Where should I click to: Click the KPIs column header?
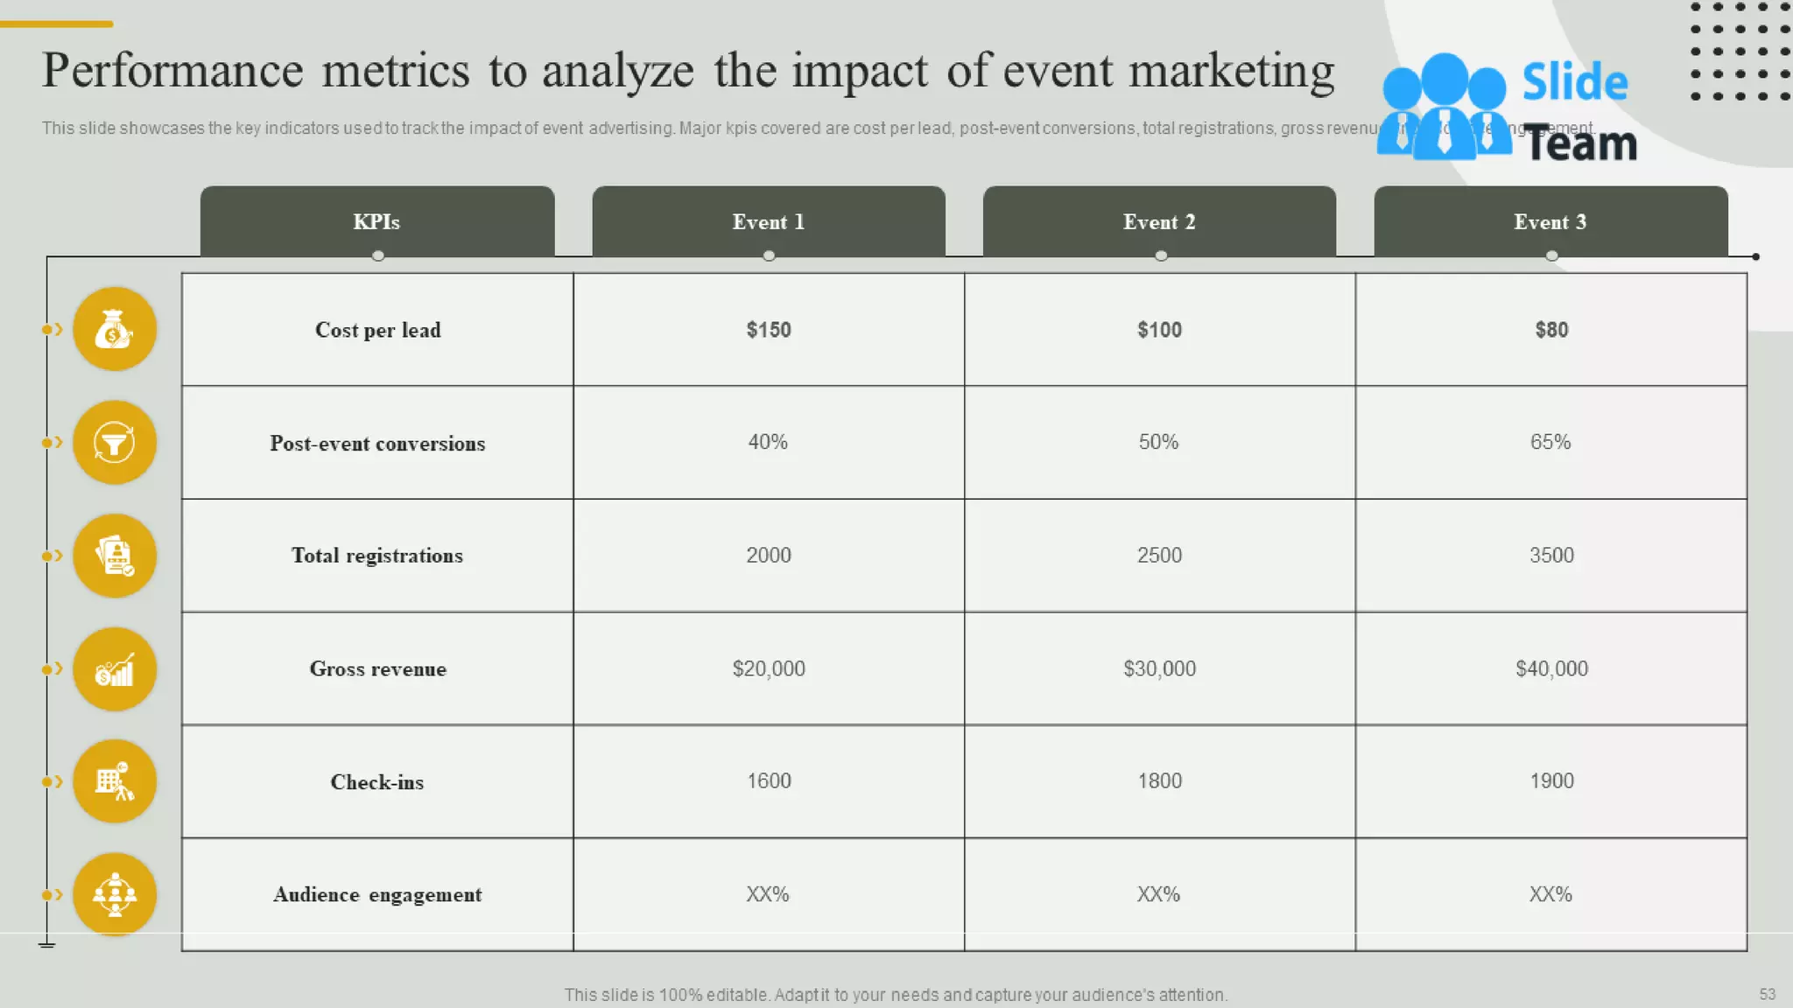click(x=376, y=222)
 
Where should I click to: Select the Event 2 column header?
click(x=1159, y=222)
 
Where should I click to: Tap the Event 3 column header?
click(x=1550, y=222)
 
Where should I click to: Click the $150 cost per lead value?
click(x=769, y=330)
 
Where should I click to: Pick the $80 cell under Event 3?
click(x=1551, y=330)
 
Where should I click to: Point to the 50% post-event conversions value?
click(x=1158, y=442)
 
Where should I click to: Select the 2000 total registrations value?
click(x=769, y=556)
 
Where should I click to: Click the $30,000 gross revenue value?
click(x=1159, y=668)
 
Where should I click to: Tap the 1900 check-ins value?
click(x=1551, y=780)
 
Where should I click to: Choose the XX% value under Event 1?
click(x=768, y=894)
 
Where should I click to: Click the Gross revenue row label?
click(x=377, y=669)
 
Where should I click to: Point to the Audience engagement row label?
click(x=377, y=894)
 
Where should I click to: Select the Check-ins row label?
click(x=377, y=782)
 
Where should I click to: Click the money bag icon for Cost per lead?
click(x=115, y=329)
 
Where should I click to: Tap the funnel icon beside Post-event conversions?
click(x=115, y=443)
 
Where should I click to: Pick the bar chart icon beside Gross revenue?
click(x=115, y=669)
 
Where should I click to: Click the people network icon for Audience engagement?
click(x=115, y=894)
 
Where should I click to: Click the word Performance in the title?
click(x=172, y=71)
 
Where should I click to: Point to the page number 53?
click(x=1767, y=994)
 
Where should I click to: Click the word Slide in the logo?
click(x=1574, y=82)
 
